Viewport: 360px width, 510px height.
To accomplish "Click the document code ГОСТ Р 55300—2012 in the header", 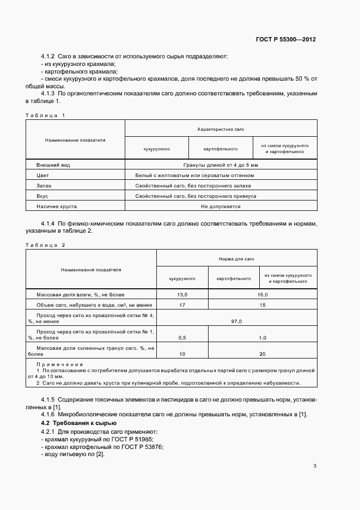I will click(x=286, y=39).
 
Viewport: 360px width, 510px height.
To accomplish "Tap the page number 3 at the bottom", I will click(x=315, y=465).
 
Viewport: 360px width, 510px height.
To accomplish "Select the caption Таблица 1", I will click(x=45, y=115).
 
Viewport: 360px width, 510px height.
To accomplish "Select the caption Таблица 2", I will click(x=45, y=245).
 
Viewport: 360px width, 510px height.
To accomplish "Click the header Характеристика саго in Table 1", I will click(x=221, y=129).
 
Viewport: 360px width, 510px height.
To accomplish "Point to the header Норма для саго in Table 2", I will click(x=236, y=259).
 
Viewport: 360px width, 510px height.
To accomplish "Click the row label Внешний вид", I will click(x=53, y=165).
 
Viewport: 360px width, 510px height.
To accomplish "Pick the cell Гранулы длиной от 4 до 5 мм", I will click(x=221, y=165).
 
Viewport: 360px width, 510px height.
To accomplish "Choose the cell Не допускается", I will click(x=221, y=207).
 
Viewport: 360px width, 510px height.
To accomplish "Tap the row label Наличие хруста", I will click(x=57, y=207).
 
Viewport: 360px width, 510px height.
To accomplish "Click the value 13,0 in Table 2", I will click(x=182, y=295).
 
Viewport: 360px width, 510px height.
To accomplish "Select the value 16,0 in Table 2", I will click(x=263, y=295).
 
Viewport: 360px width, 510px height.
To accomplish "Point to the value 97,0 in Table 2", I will click(x=236, y=321).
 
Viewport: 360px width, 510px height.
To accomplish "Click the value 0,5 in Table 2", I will click(x=182, y=338).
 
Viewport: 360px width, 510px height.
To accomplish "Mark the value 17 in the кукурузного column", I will click(x=182, y=305).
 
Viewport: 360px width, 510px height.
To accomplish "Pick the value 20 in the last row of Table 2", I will click(x=263, y=354).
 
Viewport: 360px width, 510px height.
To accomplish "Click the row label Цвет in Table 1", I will click(x=43, y=175).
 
